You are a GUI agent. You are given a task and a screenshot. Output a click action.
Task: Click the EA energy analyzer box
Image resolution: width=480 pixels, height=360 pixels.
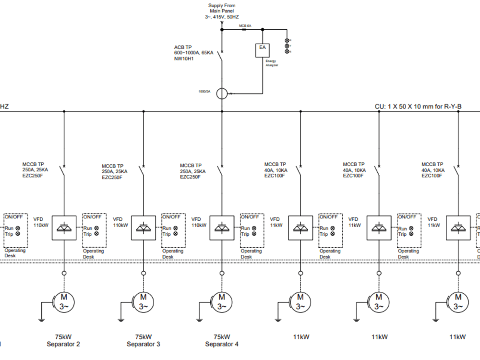[263, 50]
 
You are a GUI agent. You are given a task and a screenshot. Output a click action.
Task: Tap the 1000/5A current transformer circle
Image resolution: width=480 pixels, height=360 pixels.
[222, 93]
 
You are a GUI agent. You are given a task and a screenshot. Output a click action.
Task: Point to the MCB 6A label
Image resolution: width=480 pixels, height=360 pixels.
[245, 25]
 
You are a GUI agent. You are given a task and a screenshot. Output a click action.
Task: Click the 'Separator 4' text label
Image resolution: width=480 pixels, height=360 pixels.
[222, 344]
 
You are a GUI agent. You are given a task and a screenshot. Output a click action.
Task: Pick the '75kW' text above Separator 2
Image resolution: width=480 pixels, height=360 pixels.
[63, 336]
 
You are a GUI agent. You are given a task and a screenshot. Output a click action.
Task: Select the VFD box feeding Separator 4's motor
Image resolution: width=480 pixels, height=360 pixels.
[222, 228]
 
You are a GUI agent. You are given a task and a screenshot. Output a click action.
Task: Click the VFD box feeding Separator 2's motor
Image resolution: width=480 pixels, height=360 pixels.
[64, 228]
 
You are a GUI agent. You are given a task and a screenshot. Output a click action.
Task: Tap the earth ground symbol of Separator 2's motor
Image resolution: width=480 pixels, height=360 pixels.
[42, 319]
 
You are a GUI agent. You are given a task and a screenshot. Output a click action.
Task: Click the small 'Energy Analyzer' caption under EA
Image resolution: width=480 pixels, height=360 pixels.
[272, 63]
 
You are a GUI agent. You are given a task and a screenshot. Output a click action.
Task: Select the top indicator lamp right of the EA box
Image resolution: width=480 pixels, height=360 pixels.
[287, 41]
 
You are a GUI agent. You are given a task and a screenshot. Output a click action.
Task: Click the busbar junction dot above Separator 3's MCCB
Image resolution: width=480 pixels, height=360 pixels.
[143, 111]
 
